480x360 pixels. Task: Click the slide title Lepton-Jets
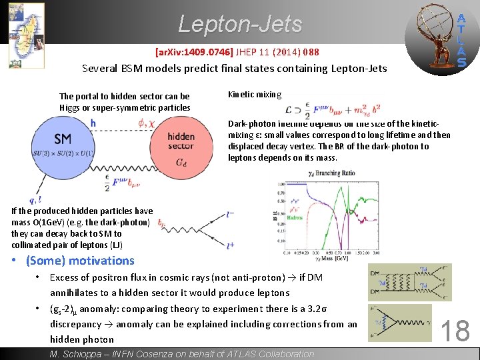(240, 25)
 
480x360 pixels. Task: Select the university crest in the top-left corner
(26, 35)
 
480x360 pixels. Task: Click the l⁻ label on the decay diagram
(230, 215)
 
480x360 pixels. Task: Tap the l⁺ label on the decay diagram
(230, 245)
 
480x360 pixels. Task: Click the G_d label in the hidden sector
(181, 162)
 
